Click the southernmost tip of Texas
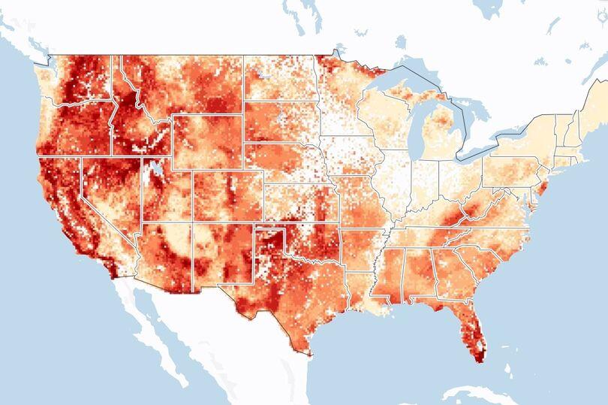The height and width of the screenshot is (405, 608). tap(307, 354)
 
